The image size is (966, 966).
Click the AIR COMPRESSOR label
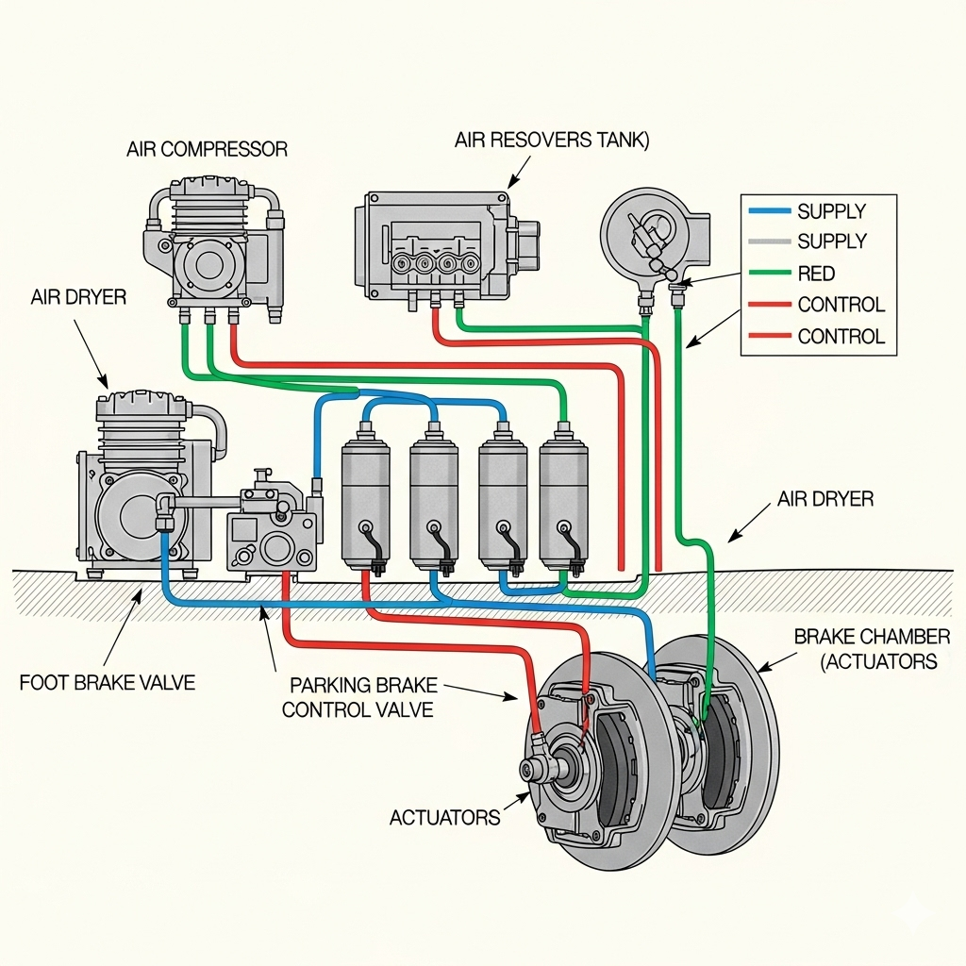(207, 149)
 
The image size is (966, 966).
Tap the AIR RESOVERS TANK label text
(552, 141)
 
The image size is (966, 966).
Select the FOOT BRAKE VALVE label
(107, 682)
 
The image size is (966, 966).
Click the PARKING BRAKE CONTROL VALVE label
(360, 696)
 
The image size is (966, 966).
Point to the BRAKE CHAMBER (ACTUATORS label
(871, 649)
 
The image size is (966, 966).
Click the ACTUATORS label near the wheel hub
(444, 817)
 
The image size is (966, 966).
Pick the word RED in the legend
(816, 274)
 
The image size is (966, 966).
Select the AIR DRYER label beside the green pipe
(825, 499)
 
